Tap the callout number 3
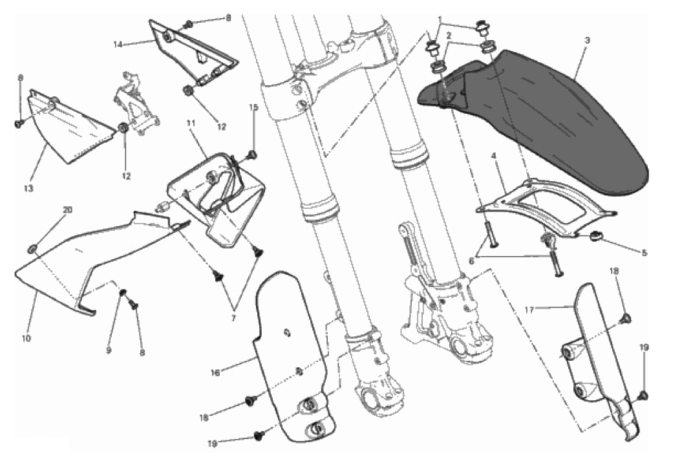pyautogui.click(x=586, y=40)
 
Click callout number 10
pyautogui.click(x=27, y=337)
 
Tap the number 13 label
pyautogui.click(x=28, y=188)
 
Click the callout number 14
pyautogui.click(x=117, y=45)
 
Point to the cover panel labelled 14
pyautogui.click(x=194, y=52)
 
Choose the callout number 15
pyautogui.click(x=254, y=107)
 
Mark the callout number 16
pyautogui.click(x=215, y=372)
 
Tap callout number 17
pyautogui.click(x=528, y=310)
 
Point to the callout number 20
pyautogui.click(x=67, y=210)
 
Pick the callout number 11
pyautogui.click(x=190, y=122)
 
